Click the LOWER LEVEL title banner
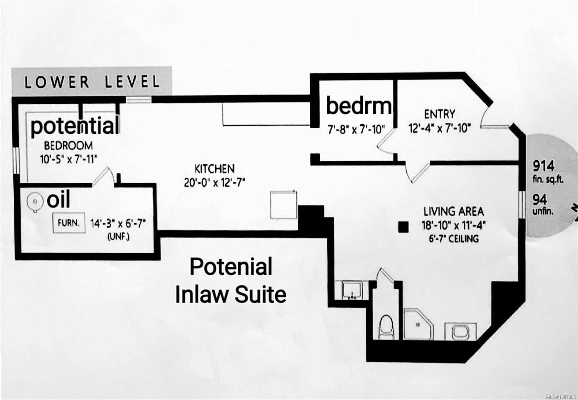click(92, 82)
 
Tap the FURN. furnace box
click(69, 223)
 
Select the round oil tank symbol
click(35, 202)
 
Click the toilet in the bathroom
click(386, 327)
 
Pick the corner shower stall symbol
click(418, 324)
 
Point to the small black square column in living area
click(403, 227)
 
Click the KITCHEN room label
click(215, 169)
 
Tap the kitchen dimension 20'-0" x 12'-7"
click(215, 183)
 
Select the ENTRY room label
click(440, 114)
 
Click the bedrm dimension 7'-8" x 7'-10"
click(356, 129)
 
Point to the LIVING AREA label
click(454, 212)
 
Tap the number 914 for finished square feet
click(543, 166)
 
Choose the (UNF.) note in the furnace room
click(118, 237)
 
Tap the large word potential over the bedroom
click(75, 126)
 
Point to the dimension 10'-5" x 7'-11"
click(68, 159)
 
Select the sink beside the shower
click(460, 331)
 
